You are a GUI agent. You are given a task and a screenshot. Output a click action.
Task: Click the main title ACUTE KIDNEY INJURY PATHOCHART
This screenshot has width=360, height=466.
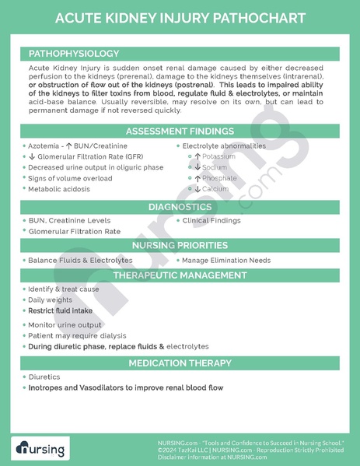(x=180, y=17)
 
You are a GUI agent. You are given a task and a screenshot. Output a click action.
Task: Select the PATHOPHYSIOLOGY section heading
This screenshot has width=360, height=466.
(x=74, y=54)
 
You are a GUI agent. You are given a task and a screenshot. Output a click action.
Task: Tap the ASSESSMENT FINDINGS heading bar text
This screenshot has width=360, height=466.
(x=180, y=130)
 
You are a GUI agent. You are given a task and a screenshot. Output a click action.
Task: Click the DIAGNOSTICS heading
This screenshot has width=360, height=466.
(x=180, y=207)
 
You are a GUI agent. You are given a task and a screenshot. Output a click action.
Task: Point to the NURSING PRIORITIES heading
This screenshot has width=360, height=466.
(x=180, y=245)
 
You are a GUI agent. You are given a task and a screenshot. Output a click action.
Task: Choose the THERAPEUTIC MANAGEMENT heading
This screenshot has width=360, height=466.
(x=180, y=275)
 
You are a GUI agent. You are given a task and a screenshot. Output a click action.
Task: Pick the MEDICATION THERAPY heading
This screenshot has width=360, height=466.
(x=180, y=363)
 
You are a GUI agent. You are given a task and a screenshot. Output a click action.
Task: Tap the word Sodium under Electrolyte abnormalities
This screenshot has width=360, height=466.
(x=214, y=167)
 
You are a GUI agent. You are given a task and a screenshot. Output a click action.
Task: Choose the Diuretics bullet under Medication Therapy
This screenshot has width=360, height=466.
(x=44, y=376)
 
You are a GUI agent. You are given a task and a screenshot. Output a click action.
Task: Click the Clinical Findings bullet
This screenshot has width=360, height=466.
(x=211, y=220)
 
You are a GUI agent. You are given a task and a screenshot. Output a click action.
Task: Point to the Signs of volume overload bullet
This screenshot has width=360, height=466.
(x=70, y=178)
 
